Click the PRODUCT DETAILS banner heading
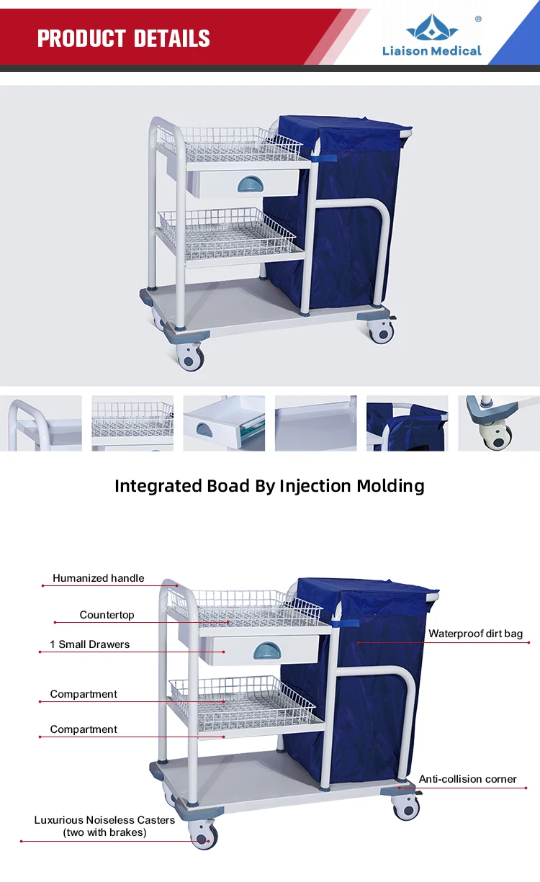(123, 38)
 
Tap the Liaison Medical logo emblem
(432, 28)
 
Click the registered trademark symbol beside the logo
(478, 19)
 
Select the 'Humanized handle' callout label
(98, 578)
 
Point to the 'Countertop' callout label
(107, 615)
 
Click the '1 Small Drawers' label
(90, 644)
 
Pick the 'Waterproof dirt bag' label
(475, 634)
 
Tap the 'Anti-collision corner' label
(467, 779)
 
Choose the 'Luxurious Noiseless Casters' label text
(104, 820)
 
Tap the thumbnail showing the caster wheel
(498, 423)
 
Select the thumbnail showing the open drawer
(224, 423)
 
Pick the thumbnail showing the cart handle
(41, 423)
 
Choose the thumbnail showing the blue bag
(407, 423)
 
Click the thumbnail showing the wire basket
(132, 423)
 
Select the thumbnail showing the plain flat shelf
(315, 423)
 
